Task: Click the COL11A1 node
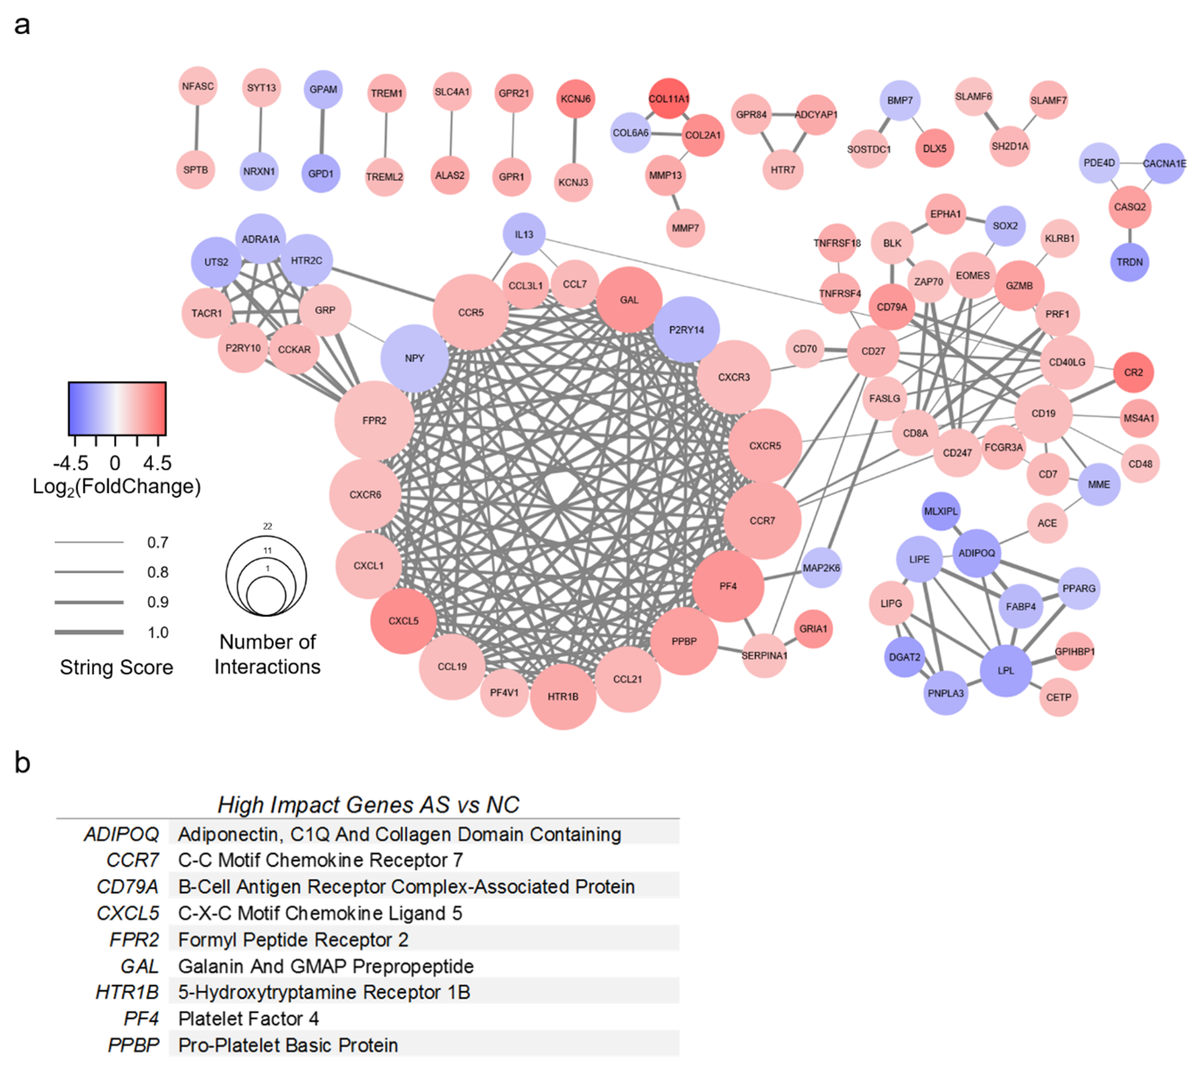pos(669,98)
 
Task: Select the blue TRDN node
pos(1129,262)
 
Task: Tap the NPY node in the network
pos(415,358)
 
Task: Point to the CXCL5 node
pos(403,620)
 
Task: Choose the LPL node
pos(1006,670)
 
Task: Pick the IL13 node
pos(524,234)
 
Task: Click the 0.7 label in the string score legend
pos(158,542)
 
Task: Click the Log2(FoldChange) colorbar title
pos(116,487)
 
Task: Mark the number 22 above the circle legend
pos(268,526)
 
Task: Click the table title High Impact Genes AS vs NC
pos(368,804)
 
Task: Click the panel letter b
pos(22,763)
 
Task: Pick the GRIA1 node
pos(813,628)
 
